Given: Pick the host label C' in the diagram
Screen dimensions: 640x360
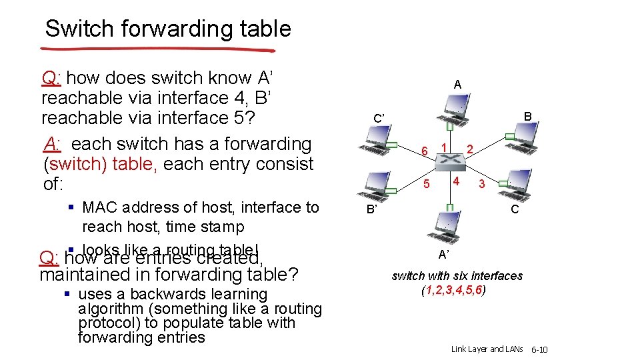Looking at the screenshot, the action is (x=379, y=119).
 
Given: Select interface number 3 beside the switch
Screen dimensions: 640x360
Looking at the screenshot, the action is (x=481, y=184).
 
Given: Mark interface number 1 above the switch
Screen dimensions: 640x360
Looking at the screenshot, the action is (x=443, y=145).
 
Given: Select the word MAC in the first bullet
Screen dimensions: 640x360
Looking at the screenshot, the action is (x=99, y=207).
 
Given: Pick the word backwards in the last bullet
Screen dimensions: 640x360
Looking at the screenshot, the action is (x=172, y=294).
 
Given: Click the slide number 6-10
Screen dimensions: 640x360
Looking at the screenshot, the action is (x=539, y=349).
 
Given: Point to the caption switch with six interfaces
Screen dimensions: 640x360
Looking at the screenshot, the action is (x=457, y=275).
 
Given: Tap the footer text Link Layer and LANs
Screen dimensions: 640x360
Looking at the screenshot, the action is (x=487, y=349).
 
